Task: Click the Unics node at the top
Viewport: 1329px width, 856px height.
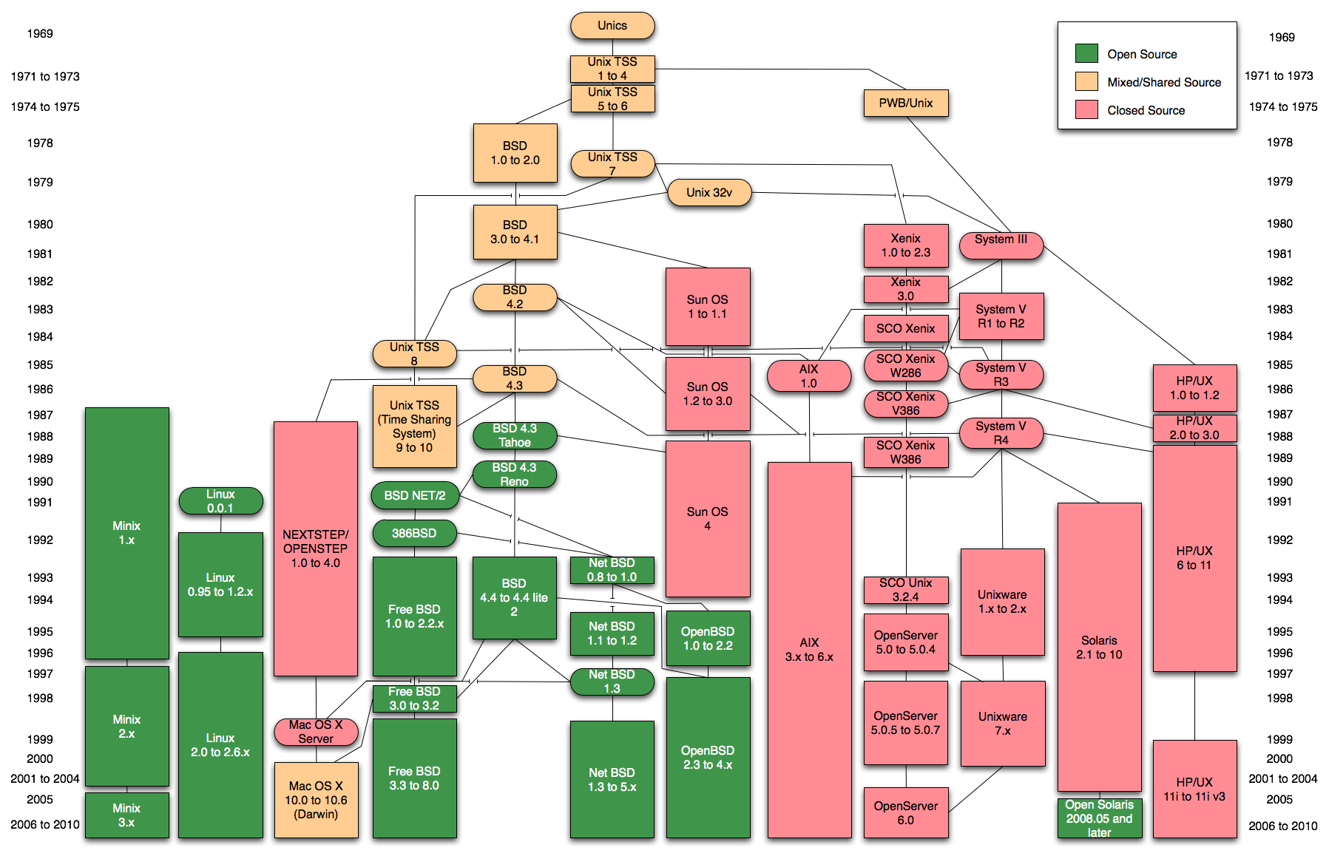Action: [612, 26]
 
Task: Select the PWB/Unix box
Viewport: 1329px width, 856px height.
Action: [905, 103]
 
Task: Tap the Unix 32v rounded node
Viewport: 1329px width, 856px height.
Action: [709, 193]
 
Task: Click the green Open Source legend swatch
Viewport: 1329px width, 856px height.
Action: [1086, 53]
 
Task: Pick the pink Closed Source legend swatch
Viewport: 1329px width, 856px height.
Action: [1086, 110]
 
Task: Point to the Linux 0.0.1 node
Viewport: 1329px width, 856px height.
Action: [220, 501]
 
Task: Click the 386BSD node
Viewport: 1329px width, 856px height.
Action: [414, 533]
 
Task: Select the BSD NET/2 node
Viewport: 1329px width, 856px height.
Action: [414, 495]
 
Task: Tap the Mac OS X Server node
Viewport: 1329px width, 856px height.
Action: [316, 732]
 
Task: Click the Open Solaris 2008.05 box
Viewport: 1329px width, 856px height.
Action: [1099, 818]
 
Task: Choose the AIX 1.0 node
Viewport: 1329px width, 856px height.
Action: [808, 376]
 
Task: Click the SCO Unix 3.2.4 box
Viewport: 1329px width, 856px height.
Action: [905, 590]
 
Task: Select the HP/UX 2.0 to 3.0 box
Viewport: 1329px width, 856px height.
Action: [1194, 428]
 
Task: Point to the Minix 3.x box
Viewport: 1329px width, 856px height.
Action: [126, 815]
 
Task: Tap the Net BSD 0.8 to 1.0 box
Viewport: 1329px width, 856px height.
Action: [612, 570]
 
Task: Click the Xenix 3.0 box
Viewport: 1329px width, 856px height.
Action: [905, 289]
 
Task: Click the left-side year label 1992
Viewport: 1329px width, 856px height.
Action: [40, 540]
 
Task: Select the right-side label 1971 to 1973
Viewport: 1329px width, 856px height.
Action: [1278, 75]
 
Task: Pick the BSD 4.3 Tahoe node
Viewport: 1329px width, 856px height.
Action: [514, 435]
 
